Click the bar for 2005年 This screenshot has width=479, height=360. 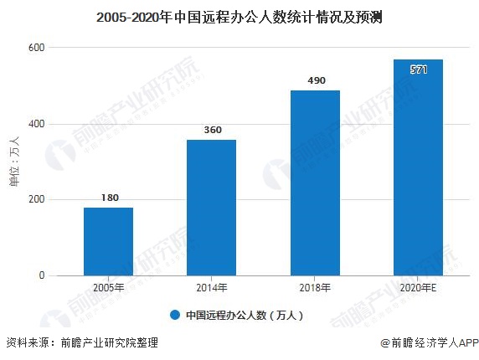(108, 241)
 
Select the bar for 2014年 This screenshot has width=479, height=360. (211, 207)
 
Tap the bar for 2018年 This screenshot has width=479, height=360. (315, 183)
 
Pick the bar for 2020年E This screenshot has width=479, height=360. (418, 167)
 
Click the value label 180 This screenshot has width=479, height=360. (108, 198)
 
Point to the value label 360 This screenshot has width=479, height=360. (211, 131)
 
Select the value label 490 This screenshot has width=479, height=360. (315, 81)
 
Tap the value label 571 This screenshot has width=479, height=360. (419, 69)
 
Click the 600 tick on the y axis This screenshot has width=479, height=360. (36, 49)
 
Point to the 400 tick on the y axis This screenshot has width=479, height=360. (36, 124)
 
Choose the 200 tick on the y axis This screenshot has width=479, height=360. (36, 199)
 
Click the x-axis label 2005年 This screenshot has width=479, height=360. (108, 288)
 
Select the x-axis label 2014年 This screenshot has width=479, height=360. (211, 288)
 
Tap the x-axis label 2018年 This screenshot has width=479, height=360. (315, 288)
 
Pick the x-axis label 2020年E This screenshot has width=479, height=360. (418, 288)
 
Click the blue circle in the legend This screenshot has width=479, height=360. (175, 316)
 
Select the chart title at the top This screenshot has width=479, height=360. (239, 16)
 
